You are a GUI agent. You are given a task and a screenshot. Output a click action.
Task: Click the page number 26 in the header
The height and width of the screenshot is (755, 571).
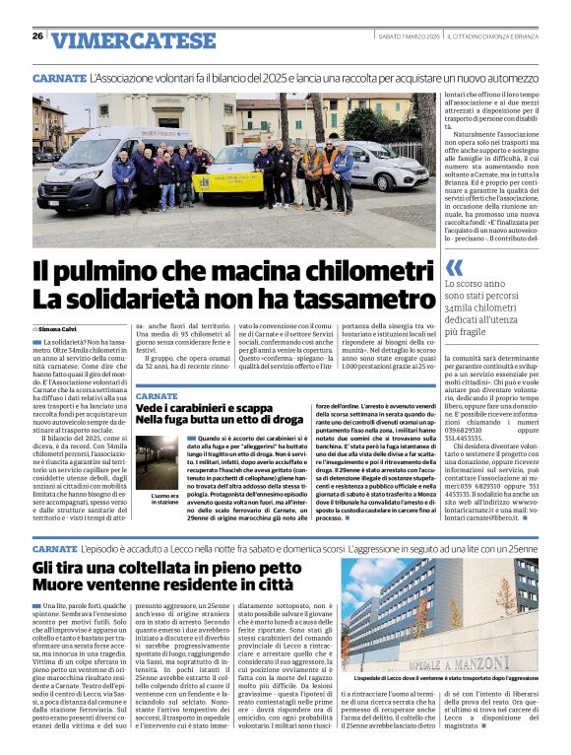pos(37,36)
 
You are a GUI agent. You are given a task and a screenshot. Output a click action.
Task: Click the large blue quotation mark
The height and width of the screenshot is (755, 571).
pos(454,267)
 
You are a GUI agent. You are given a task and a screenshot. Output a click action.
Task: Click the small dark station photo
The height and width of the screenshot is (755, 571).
pos(163,463)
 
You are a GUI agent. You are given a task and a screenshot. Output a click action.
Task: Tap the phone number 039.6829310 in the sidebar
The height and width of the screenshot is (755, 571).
pos(468,430)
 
